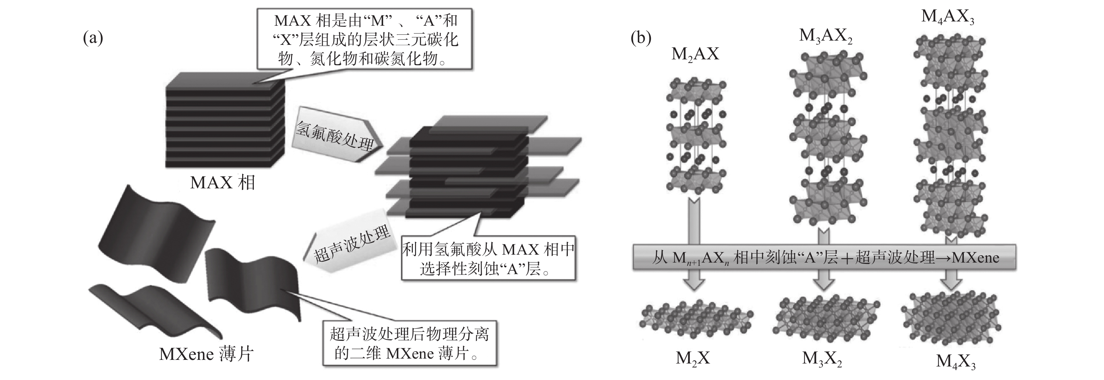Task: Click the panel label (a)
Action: coord(93,39)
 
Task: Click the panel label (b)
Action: coord(641,39)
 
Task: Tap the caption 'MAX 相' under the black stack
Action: coord(222,183)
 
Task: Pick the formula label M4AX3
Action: coord(947,17)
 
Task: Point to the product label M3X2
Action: coord(822,359)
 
